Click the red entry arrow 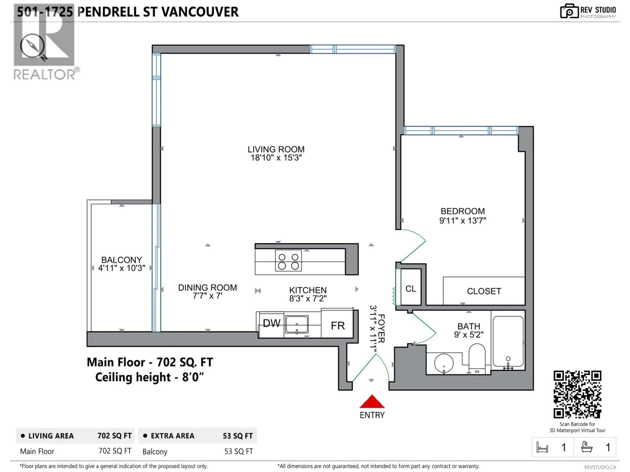point(372,402)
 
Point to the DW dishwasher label point(271,323)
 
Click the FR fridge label point(338,325)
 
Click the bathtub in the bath point(508,341)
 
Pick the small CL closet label point(411,289)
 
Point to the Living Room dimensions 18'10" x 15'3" point(276,158)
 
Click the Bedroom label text point(462,211)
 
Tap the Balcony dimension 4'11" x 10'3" point(122,268)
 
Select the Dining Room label point(207,288)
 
